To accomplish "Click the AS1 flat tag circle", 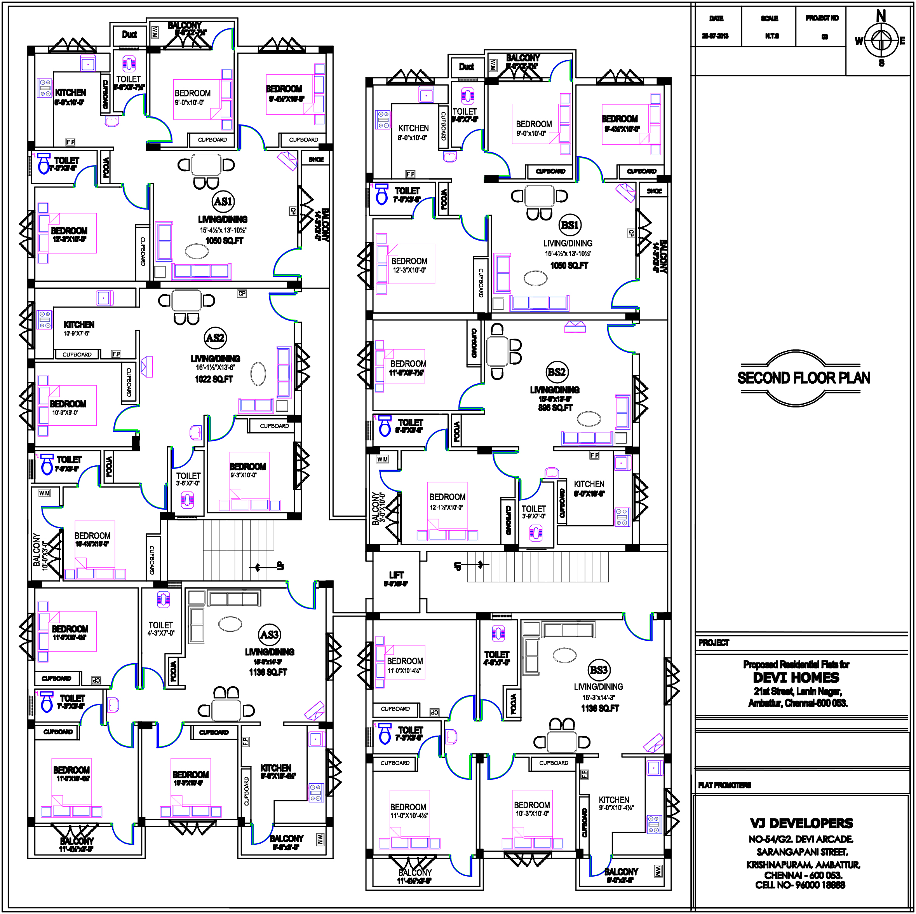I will tap(223, 201).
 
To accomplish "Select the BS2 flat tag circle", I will tap(557, 372).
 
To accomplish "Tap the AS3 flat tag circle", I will tap(269, 634).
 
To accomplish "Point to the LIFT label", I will tap(396, 575).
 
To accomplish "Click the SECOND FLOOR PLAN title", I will tap(803, 378).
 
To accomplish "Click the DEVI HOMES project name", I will tap(796, 678).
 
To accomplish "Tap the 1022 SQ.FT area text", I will tap(214, 379).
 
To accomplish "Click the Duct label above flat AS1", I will tap(129, 34).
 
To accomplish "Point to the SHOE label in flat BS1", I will tap(654, 191).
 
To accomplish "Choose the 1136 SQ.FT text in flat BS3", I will tap(600, 708).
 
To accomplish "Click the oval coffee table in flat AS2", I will tap(258, 374).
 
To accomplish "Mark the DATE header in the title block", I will tap(716, 19).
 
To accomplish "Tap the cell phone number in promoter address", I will tap(800, 885).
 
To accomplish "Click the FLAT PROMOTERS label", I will tap(724, 785).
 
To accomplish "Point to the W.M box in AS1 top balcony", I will tap(155, 32).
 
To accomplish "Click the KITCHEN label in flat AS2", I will tap(79, 325).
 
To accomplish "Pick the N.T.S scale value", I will tap(772, 36).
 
